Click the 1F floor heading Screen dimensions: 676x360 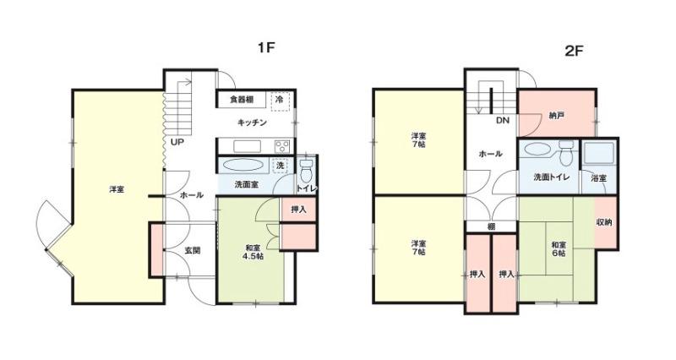[x=266, y=47]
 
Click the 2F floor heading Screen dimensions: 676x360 [x=574, y=51]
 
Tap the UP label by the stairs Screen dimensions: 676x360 [x=177, y=141]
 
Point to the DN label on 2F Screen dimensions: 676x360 [x=502, y=121]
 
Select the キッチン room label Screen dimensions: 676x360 [x=252, y=123]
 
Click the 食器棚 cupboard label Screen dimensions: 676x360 [x=242, y=100]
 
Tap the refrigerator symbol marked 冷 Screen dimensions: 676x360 [x=280, y=101]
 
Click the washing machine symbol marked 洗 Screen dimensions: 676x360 [x=281, y=165]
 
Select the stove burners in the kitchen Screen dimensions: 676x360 [x=283, y=146]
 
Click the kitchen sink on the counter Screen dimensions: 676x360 [x=248, y=146]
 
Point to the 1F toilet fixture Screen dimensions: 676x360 [x=306, y=172]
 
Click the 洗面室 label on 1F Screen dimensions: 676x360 [x=246, y=184]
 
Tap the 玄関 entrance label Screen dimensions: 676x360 [x=193, y=250]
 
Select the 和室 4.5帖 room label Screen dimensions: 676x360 [x=253, y=252]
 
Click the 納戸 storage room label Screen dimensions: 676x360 [x=557, y=116]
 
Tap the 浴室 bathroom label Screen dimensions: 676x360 [x=598, y=178]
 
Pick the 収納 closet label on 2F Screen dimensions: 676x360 [x=604, y=222]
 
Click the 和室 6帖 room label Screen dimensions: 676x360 [x=559, y=249]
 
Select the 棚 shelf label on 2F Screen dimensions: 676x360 [x=491, y=226]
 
